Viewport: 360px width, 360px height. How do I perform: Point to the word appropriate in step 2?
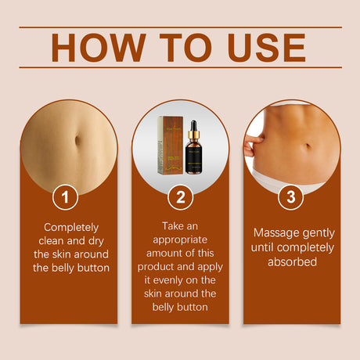(180, 238)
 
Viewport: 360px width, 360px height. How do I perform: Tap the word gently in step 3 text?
(319, 233)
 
